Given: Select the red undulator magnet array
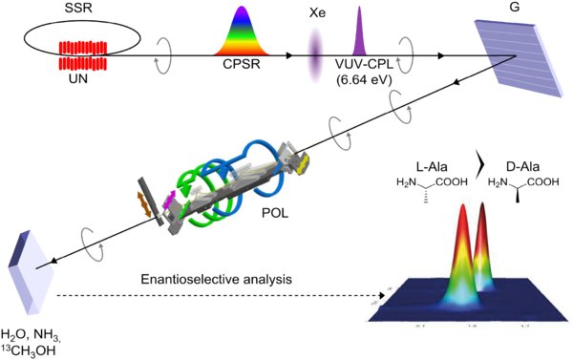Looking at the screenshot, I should click(x=89, y=54).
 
